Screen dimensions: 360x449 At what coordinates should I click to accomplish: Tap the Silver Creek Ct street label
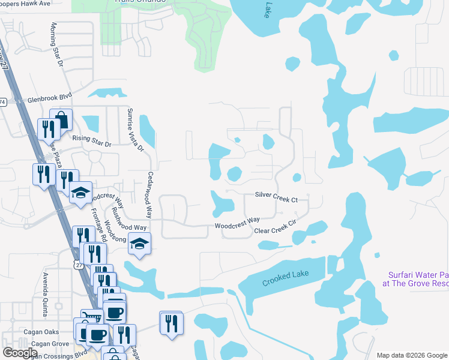(x=276, y=196)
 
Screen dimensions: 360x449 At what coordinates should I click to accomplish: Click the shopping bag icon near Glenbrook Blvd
(x=60, y=119)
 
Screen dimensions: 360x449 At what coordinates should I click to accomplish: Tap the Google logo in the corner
(x=20, y=353)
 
